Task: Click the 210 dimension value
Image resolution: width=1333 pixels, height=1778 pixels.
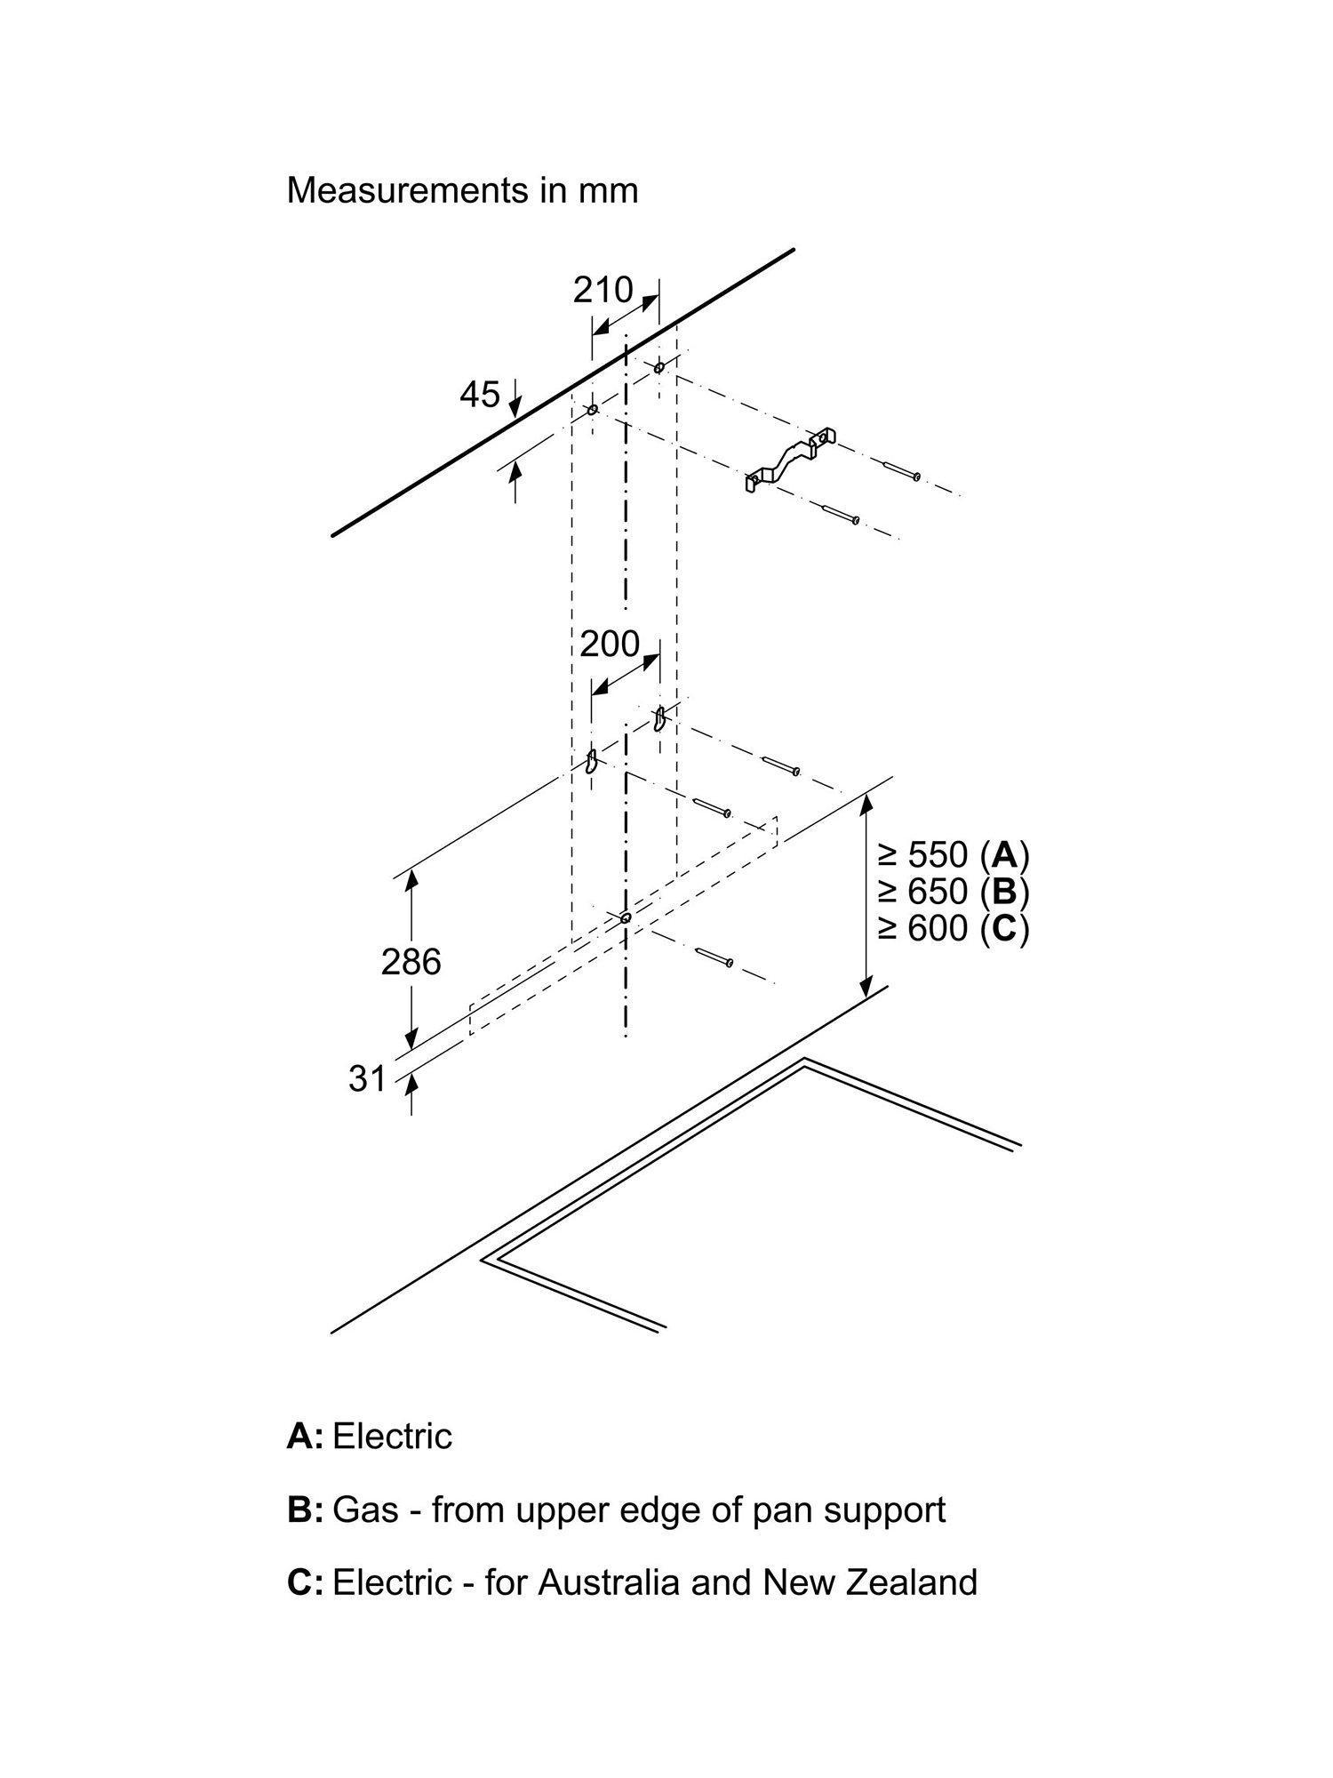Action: point(603,290)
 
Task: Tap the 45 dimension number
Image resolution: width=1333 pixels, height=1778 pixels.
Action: point(480,394)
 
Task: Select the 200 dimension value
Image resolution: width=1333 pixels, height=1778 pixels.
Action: point(610,643)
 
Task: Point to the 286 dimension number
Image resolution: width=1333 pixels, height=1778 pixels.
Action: point(411,961)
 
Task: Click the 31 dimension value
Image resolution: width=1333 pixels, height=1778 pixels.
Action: point(368,1078)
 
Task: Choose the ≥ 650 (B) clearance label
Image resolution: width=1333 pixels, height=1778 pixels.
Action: point(954,891)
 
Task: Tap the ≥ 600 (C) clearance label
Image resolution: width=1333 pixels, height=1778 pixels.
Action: point(954,928)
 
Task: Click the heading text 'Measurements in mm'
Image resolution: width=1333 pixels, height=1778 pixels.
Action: point(462,190)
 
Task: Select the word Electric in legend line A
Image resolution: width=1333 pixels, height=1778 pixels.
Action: point(392,1436)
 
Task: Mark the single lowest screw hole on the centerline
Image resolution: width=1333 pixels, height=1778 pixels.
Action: point(626,917)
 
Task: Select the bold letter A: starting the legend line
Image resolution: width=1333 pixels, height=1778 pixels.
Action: point(305,1436)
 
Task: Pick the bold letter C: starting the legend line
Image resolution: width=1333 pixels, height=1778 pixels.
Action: point(305,1582)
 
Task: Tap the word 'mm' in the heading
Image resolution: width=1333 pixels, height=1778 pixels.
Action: point(609,192)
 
